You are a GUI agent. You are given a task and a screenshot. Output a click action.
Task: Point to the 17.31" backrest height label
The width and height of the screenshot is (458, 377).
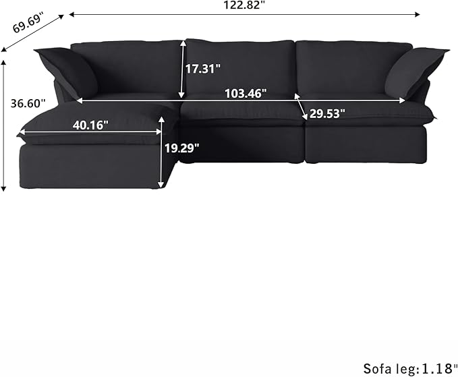[x=203, y=68]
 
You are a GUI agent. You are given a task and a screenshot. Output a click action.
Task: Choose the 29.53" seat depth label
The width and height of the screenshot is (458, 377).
[x=327, y=113]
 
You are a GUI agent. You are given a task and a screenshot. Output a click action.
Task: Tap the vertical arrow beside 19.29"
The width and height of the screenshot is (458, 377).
[x=161, y=151]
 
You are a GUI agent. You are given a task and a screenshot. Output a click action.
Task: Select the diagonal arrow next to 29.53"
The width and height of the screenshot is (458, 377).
[x=300, y=108]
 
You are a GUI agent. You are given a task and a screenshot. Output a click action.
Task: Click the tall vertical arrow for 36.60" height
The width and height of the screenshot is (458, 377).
[x=5, y=125]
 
